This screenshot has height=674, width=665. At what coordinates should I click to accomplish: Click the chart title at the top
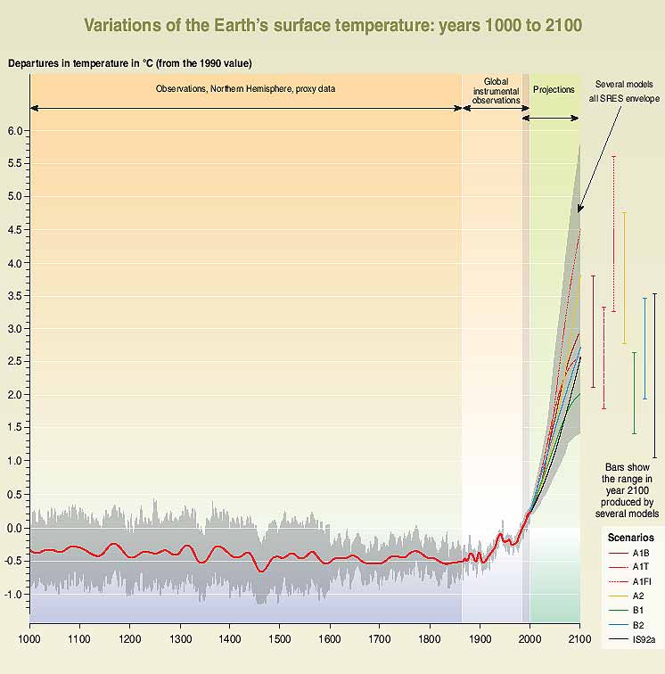(332, 25)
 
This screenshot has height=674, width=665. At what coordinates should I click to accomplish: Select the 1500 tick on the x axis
(280, 639)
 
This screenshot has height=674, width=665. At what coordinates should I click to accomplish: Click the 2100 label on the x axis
(579, 639)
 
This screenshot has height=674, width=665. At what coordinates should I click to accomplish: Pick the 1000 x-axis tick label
(29, 639)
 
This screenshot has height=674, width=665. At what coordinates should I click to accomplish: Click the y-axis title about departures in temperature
(129, 63)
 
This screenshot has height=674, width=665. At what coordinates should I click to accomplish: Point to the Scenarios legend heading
(630, 538)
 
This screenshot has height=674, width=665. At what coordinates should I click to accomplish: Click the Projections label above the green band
(554, 90)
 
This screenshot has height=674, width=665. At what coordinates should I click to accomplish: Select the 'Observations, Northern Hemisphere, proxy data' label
(245, 90)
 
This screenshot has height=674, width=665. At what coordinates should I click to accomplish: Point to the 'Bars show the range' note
(628, 489)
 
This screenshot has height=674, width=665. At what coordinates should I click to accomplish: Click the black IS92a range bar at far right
(654, 374)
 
